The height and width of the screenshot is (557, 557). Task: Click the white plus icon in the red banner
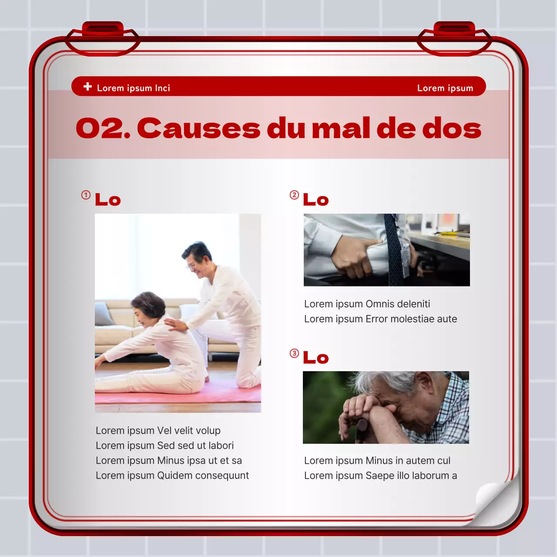coord(87,87)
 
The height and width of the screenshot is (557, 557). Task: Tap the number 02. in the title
coord(103,129)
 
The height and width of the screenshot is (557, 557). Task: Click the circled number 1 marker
coord(86,195)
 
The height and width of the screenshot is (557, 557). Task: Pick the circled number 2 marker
coord(295,195)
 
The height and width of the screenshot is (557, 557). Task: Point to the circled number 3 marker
coord(295,353)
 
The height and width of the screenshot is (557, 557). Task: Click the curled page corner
coord(496,500)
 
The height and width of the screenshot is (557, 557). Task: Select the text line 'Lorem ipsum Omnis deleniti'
coord(367,304)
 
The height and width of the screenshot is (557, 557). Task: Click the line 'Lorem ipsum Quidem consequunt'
coord(172,475)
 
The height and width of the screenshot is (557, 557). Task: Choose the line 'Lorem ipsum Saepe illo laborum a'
coord(380,475)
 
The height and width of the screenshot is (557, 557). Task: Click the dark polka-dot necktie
coord(393,252)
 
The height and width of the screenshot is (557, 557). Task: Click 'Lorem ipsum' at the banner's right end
coord(445,88)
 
